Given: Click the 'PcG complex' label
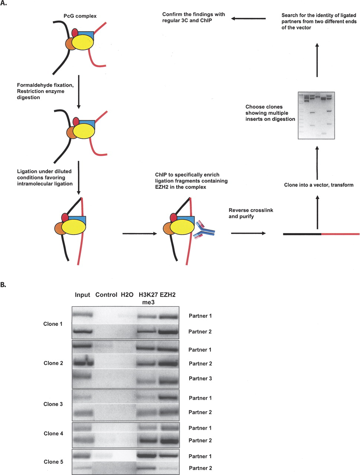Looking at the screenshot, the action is tap(80, 16).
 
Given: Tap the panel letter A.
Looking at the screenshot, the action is tap(3, 3).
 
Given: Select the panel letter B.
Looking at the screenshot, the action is tap(3, 285).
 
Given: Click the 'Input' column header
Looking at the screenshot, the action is tap(82, 295).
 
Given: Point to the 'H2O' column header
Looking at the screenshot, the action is tap(127, 295).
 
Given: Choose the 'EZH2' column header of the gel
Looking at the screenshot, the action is tap(167, 295).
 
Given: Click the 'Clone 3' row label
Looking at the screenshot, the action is tap(53, 404).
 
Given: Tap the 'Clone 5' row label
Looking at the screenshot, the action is tap(53, 462).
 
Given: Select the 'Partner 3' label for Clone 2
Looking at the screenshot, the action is tap(200, 378).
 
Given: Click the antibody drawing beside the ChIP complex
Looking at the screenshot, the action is tap(204, 230).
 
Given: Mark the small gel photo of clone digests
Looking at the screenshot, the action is tap(316, 115).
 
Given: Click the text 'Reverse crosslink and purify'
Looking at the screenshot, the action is tap(251, 213).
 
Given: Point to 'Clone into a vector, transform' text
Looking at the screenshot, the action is tap(318, 185).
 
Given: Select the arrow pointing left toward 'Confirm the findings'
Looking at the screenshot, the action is tap(248, 19).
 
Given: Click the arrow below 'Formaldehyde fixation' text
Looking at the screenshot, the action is tap(79, 92).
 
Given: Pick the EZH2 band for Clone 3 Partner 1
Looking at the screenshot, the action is tap(168, 397).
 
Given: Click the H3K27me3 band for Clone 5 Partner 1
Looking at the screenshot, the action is tap(147, 456).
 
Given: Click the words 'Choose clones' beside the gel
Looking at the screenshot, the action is tap(264, 107).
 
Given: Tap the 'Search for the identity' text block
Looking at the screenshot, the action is tap(319, 22).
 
